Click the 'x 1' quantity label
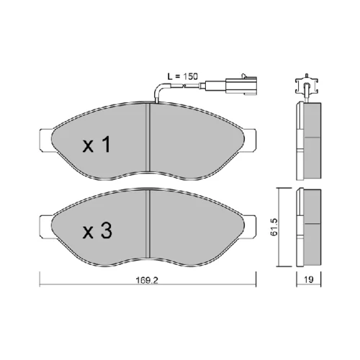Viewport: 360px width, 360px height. click(x=96, y=144)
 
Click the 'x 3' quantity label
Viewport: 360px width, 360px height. click(x=97, y=230)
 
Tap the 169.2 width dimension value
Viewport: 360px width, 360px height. click(x=147, y=280)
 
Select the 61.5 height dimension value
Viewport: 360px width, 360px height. click(x=274, y=227)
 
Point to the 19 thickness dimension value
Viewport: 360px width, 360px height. click(x=309, y=279)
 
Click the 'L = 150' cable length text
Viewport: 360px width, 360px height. click(x=183, y=76)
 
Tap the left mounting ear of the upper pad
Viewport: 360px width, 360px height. click(x=46, y=140)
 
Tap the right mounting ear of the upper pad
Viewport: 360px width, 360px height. click(x=250, y=140)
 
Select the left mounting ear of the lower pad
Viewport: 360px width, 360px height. click(x=46, y=226)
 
